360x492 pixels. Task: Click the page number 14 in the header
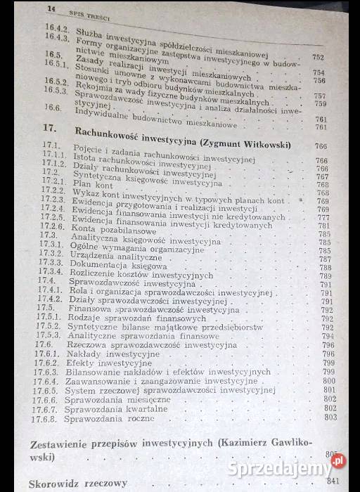pyautogui.click(x=50, y=9)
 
